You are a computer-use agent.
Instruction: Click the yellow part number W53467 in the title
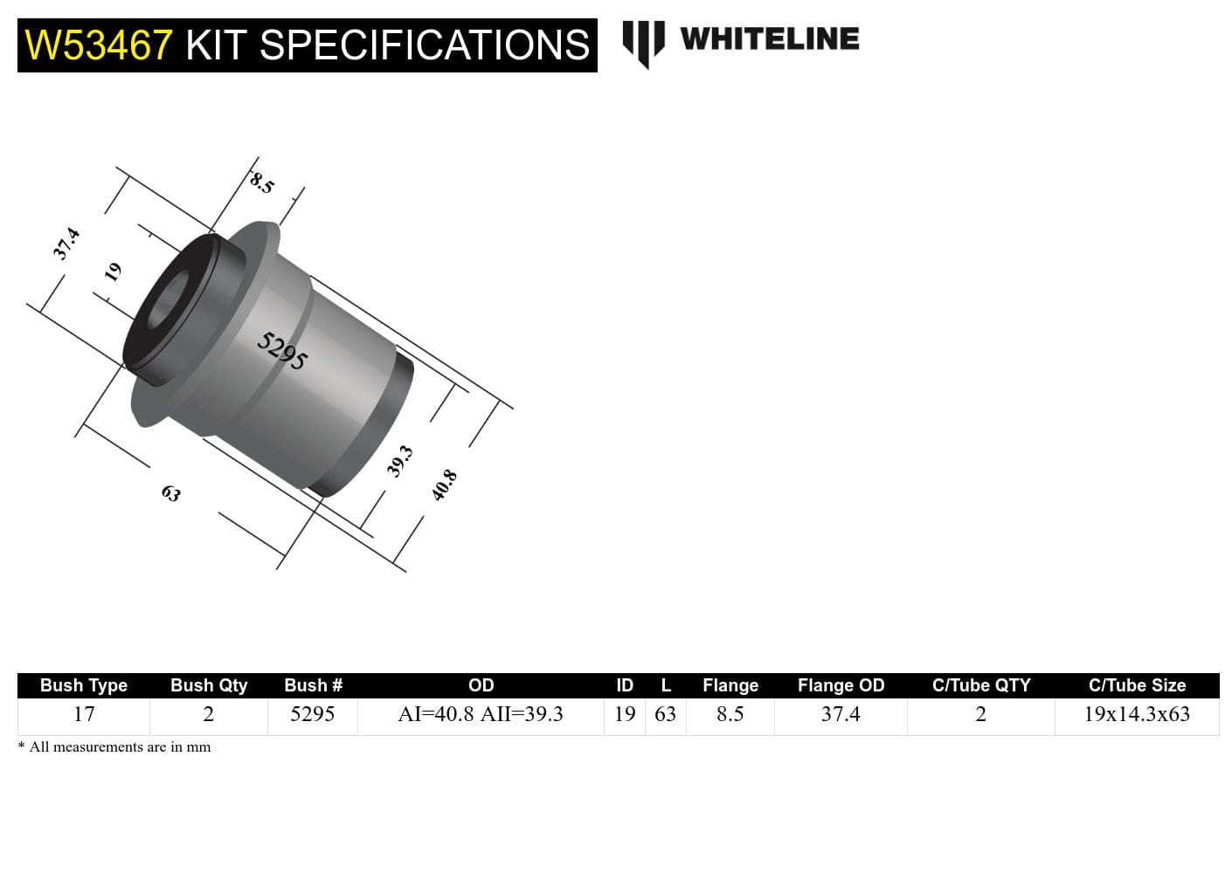click(x=99, y=45)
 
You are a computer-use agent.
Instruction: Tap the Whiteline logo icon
click(x=643, y=42)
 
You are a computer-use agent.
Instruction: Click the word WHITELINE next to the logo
click(x=769, y=39)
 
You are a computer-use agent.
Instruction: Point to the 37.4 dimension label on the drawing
click(x=66, y=244)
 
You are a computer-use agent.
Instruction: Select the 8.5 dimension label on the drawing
click(x=262, y=182)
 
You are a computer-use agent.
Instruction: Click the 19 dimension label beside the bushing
click(x=113, y=272)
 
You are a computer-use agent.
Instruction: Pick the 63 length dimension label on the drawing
click(x=171, y=493)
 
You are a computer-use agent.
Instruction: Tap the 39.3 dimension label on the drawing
click(x=399, y=461)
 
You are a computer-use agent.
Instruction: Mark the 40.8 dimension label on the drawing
click(x=444, y=485)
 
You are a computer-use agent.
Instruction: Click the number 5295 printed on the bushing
click(x=282, y=351)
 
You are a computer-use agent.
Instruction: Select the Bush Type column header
click(x=84, y=685)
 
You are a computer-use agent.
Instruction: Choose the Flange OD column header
click(x=841, y=685)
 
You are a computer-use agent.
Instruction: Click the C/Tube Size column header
click(x=1137, y=685)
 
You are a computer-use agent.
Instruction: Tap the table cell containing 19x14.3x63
click(x=1137, y=714)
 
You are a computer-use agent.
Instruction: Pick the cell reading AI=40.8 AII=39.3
click(x=481, y=714)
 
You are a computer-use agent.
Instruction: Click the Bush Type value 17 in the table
click(x=84, y=714)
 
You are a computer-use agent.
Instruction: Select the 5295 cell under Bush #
click(x=313, y=714)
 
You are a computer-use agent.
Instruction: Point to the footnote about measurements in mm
click(x=114, y=747)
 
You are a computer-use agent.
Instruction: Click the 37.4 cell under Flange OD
click(x=841, y=714)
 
